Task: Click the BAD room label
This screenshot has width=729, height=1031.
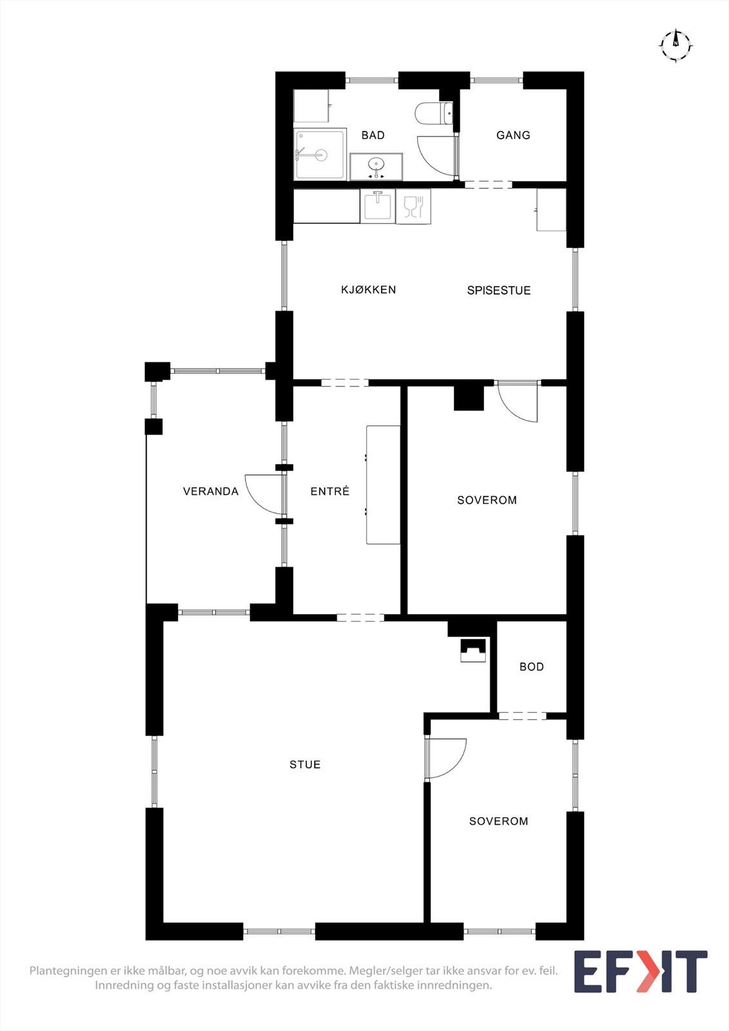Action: (x=373, y=135)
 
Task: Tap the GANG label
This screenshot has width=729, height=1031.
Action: (x=513, y=135)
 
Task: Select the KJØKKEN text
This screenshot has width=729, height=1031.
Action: (x=369, y=289)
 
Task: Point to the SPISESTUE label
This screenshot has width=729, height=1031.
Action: (x=499, y=291)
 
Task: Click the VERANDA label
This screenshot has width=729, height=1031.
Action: (x=211, y=492)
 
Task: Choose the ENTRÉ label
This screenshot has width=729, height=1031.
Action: (x=330, y=491)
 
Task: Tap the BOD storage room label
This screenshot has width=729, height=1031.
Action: (x=531, y=667)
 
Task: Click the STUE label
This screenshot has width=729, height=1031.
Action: (x=305, y=764)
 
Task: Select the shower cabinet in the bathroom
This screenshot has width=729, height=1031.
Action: (x=320, y=154)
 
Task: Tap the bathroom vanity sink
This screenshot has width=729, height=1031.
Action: (x=376, y=167)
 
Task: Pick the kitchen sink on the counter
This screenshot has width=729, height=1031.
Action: (x=378, y=206)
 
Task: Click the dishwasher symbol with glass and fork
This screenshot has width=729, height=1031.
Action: (x=413, y=206)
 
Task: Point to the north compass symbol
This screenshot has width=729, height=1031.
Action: (x=676, y=46)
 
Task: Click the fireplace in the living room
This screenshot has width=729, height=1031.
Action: (x=473, y=650)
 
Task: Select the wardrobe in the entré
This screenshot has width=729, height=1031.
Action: (x=383, y=485)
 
